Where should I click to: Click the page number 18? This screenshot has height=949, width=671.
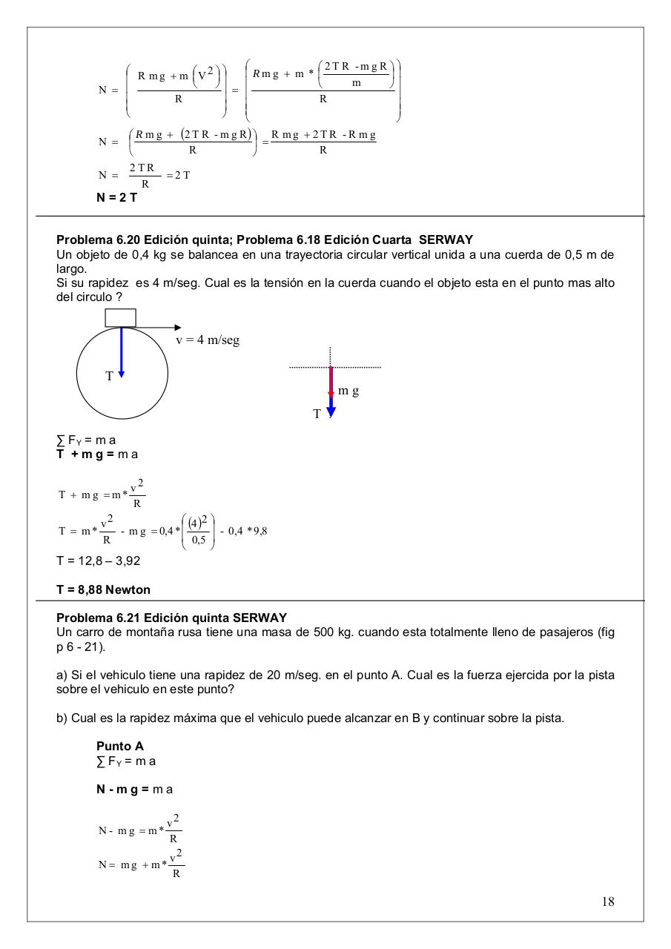608,902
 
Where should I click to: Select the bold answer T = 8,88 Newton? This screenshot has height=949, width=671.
103,589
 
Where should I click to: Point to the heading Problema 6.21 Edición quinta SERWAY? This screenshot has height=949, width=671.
171,618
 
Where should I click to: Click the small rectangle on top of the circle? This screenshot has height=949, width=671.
121,317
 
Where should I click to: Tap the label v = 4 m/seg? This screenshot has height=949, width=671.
208,340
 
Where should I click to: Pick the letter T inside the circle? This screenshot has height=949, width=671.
109,376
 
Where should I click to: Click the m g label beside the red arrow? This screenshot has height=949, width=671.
348,390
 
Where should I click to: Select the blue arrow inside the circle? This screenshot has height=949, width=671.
121,352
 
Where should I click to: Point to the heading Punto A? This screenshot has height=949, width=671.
120,746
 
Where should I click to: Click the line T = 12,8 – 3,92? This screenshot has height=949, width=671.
98,561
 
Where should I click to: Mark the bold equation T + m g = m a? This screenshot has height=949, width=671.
97,454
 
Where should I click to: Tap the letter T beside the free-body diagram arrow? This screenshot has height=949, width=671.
317,414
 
